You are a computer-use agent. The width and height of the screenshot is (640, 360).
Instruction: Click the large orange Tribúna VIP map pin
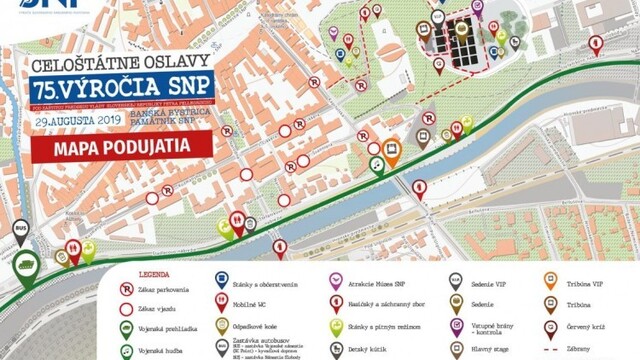pyautogui.click(x=392, y=152)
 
